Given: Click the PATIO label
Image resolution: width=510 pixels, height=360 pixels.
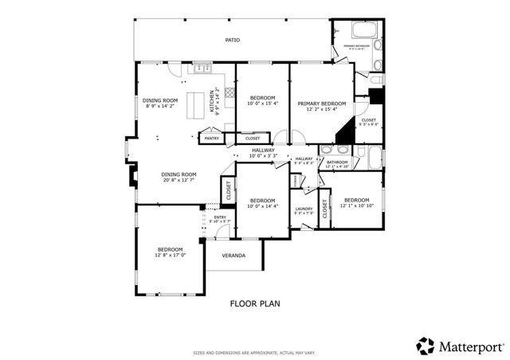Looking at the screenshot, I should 232,39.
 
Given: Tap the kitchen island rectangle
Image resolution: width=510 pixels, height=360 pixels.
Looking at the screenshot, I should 197,104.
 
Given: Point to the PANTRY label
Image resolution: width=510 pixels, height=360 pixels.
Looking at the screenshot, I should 212,139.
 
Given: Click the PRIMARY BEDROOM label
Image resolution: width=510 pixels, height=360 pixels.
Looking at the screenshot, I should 322,104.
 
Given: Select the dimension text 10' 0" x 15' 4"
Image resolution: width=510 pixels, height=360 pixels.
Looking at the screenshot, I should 261,104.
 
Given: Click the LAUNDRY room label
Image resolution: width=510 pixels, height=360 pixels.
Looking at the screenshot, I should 304,209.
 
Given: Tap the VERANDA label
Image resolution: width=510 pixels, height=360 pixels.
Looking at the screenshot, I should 233,256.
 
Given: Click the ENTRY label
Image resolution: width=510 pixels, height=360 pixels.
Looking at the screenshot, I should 219,217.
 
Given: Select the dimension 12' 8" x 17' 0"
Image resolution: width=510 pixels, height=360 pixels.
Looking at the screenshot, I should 171,255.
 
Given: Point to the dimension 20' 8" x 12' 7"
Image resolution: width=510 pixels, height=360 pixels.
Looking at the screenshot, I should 178,180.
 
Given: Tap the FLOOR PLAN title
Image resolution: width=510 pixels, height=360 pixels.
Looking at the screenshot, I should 254,303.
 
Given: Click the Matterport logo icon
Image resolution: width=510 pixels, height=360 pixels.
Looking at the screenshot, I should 426,346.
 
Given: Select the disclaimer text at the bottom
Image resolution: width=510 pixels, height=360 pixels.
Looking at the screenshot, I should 254,352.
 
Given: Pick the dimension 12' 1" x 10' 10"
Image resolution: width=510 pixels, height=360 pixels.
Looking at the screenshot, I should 355,205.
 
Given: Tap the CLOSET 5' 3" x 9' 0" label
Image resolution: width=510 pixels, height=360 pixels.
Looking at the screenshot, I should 368,123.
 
